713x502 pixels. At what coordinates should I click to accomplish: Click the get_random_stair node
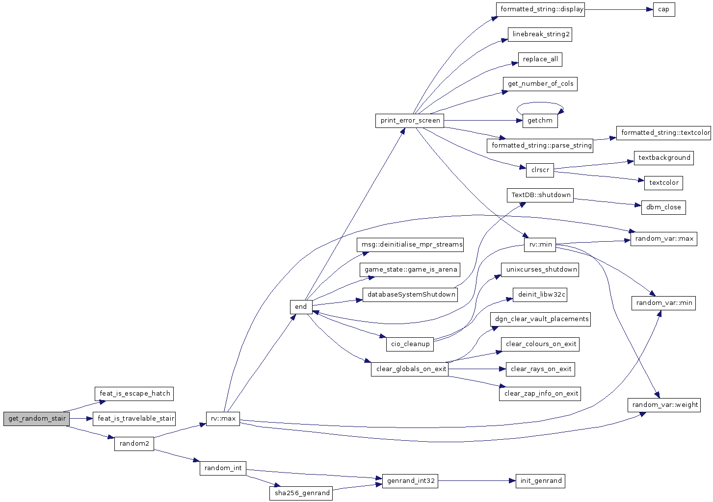[36, 419]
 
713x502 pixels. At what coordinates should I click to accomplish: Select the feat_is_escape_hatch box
[134, 394]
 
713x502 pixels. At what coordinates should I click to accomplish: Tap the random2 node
[134, 444]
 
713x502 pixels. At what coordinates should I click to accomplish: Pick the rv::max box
[223, 419]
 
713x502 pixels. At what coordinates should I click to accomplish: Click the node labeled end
[301, 307]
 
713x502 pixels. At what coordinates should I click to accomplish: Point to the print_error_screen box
[410, 121]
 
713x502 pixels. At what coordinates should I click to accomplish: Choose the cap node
[663, 9]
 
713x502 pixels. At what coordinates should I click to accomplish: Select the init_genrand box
[540, 481]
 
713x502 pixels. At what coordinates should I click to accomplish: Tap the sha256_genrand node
[301, 493]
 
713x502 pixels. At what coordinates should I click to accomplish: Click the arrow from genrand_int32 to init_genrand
[477, 481]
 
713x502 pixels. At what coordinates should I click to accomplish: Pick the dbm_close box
[663, 207]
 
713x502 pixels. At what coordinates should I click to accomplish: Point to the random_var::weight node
[664, 405]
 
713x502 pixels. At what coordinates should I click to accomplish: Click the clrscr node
[540, 170]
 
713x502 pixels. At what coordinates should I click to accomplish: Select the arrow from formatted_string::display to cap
[619, 9]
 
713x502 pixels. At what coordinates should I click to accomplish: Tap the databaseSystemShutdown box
[410, 295]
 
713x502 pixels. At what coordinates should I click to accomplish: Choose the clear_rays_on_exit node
[540, 369]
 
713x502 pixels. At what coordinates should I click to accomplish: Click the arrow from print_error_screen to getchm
[483, 121]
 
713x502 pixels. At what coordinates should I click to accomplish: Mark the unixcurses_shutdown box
[540, 270]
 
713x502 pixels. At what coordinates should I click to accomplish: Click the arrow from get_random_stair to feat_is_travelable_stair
[81, 419]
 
